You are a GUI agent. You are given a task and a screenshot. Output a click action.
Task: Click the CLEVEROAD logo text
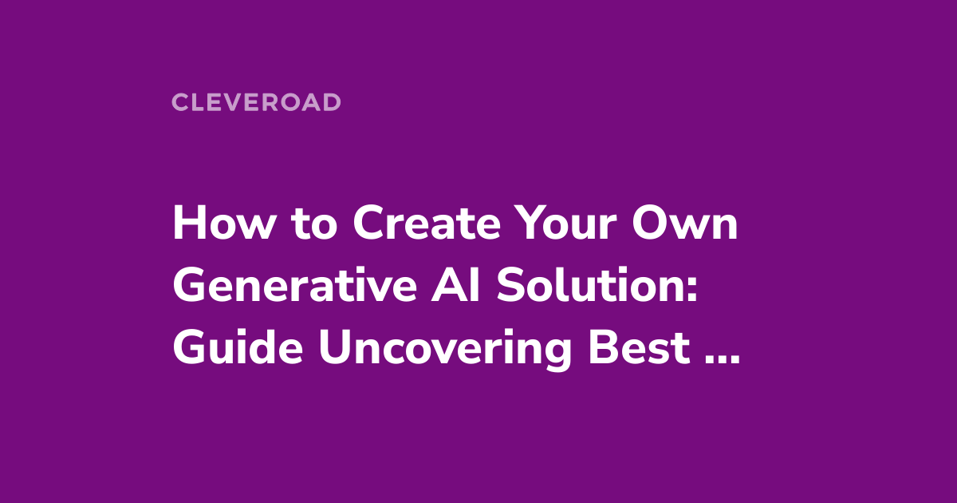click(x=256, y=102)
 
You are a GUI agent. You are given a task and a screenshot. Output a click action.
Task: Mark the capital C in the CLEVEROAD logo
click(x=179, y=102)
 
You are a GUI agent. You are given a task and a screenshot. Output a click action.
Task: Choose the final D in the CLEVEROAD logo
click(x=333, y=102)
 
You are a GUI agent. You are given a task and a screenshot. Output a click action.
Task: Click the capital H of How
click(x=185, y=226)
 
